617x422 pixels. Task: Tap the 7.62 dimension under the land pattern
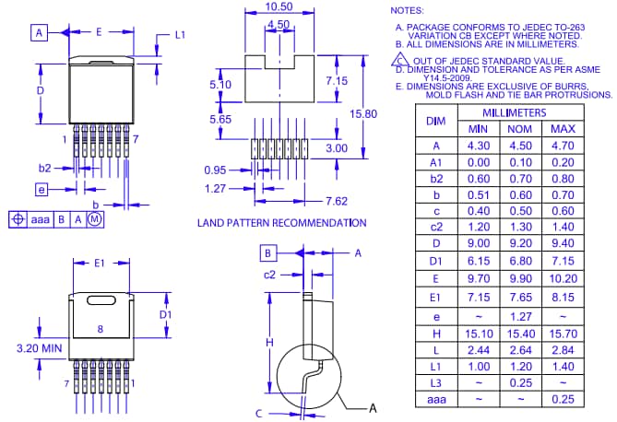336,201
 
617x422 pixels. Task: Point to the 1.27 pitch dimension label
215,188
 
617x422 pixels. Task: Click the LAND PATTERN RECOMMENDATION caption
281,223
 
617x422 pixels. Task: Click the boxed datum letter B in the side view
267,252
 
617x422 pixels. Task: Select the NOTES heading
408,9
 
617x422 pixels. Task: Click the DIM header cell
436,121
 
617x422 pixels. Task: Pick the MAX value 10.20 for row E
563,277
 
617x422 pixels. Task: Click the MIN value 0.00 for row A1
478,161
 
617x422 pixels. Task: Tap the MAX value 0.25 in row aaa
563,399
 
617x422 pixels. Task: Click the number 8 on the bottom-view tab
99,327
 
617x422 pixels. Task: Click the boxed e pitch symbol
41,189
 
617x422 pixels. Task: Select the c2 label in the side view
270,275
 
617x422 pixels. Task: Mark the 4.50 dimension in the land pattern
278,24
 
